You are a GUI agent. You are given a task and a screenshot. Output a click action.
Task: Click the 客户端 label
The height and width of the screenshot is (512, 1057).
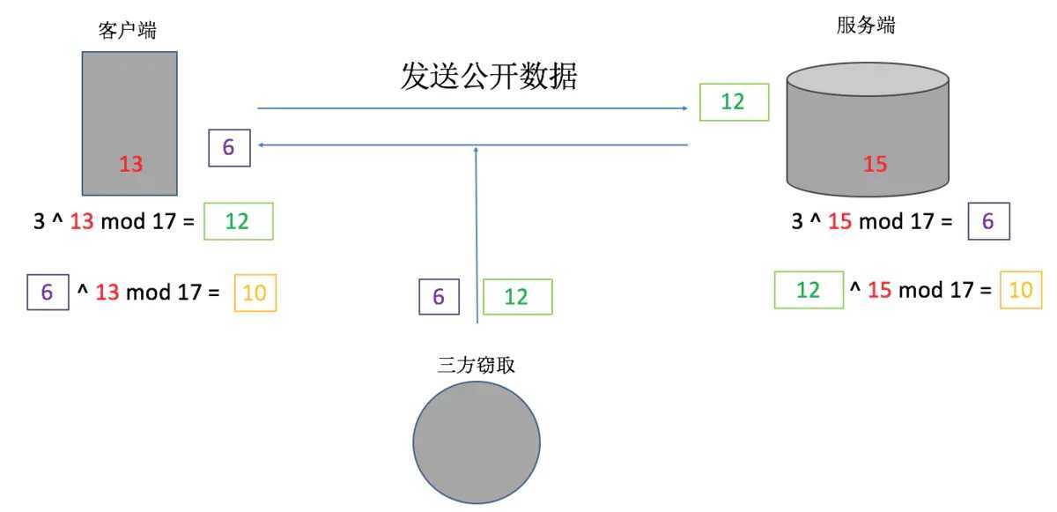[x=128, y=30]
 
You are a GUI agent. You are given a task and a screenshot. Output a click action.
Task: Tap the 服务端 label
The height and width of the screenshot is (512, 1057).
[x=866, y=25]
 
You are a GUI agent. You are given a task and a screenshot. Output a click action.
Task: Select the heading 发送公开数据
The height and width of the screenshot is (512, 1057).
[x=489, y=76]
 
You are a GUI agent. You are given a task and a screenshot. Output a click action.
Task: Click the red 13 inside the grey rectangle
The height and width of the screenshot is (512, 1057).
[x=130, y=164]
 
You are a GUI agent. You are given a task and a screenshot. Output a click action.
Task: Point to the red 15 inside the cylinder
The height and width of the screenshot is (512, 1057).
[x=876, y=164]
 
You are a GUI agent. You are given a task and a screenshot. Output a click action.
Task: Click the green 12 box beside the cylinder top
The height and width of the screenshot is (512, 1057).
[x=735, y=102]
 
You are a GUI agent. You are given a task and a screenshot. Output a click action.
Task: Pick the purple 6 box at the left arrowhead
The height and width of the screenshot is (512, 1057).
[x=229, y=148]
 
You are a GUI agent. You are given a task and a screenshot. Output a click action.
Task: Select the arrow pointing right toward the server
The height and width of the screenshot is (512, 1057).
[x=472, y=108]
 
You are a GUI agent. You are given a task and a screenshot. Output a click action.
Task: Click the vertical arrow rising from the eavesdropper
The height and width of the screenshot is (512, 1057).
[x=477, y=235]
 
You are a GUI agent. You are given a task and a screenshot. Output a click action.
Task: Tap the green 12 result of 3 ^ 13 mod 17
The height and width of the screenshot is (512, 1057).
[x=239, y=221]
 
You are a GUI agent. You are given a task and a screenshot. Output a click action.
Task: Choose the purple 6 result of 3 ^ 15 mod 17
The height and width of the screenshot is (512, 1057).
[x=989, y=221]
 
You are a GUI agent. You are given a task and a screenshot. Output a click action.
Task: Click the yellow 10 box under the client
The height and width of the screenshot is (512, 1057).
[x=255, y=293]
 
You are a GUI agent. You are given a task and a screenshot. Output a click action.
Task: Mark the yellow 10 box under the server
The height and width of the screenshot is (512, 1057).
[x=1021, y=290]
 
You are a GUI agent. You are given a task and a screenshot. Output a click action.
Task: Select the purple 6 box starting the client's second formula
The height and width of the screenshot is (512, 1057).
[x=48, y=292]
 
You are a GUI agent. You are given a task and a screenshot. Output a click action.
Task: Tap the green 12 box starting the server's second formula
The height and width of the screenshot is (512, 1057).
[x=809, y=290]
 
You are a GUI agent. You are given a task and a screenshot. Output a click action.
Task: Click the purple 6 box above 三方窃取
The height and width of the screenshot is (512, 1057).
[x=440, y=297]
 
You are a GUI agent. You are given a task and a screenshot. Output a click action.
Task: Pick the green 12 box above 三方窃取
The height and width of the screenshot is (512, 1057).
[x=518, y=297]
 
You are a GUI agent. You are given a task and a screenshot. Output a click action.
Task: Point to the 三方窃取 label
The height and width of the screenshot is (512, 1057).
[x=476, y=365]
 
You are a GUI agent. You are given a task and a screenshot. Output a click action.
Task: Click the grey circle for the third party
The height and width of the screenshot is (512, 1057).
[x=477, y=442]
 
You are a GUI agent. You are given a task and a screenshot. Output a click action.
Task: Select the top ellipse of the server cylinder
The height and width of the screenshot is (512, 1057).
[x=868, y=79]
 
